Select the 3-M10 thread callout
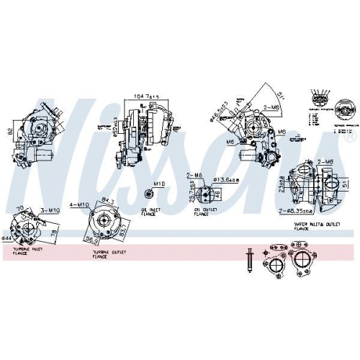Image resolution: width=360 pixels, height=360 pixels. coord(49,210)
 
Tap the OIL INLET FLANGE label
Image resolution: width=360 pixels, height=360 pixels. coord(150,212)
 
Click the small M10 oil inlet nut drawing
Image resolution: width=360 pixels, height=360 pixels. coord(148,194)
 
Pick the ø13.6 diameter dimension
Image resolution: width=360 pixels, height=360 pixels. coord(230,180)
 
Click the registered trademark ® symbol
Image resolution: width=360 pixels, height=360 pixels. coord(350,135)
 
